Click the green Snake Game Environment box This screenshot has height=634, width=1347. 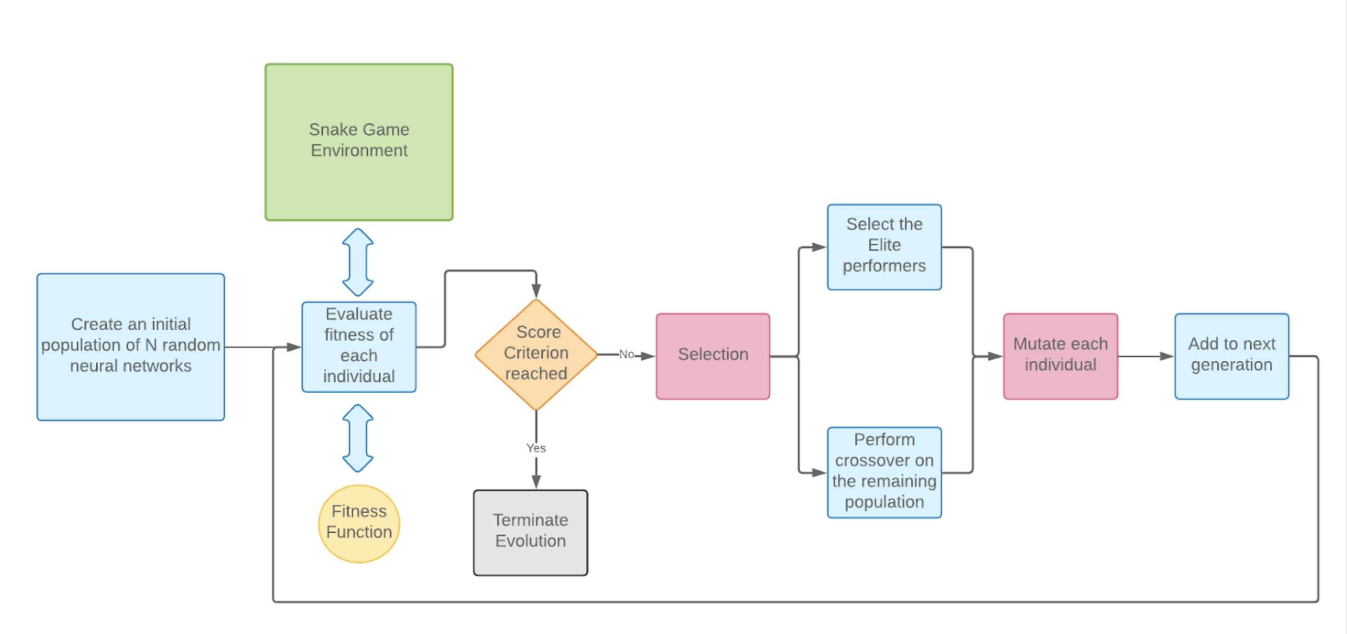click(359, 142)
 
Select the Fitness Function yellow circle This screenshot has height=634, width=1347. click(359, 523)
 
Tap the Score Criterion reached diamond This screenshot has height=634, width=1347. click(536, 354)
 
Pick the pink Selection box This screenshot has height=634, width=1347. click(713, 356)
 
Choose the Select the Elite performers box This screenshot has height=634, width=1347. click(884, 246)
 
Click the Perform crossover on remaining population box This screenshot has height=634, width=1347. click(884, 472)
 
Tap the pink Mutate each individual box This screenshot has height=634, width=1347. click(1060, 356)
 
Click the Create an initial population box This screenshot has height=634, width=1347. click(130, 346)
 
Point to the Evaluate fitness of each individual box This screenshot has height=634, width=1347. click(359, 346)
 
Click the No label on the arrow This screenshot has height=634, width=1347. click(626, 354)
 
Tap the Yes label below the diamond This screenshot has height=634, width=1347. click(536, 448)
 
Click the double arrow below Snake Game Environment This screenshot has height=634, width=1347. click(358, 261)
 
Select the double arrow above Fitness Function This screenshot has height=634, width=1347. click(358, 437)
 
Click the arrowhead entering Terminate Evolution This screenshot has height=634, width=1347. click(536, 482)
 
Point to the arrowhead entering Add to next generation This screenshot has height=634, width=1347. click(1166, 356)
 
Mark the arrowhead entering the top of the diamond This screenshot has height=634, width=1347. click(536, 291)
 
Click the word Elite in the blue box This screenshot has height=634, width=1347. click(884, 245)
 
